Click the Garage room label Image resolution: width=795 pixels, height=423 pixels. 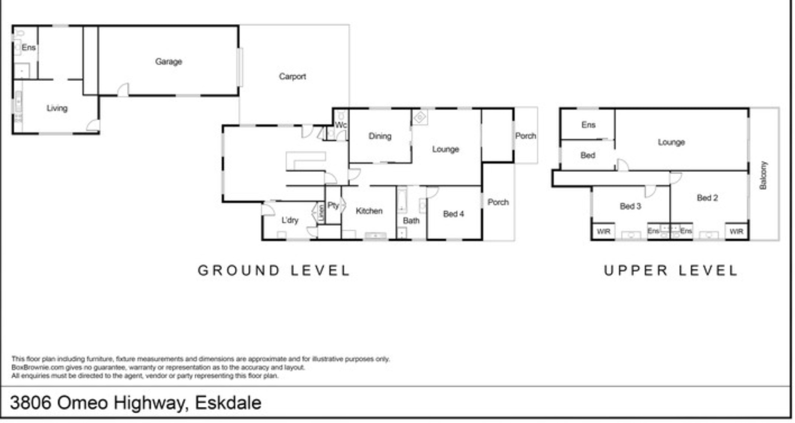[168, 62]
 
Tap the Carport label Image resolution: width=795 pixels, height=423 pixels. [293, 77]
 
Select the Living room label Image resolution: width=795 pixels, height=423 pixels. [57, 108]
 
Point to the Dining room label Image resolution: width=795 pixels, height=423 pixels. [380, 136]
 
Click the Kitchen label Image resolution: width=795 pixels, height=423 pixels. [369, 211]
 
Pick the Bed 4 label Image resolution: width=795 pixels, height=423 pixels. [453, 214]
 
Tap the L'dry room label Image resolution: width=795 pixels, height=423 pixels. [290, 220]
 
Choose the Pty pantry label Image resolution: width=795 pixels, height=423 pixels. [333, 206]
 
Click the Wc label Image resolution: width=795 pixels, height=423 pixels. [341, 125]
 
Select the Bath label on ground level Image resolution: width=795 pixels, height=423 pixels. [411, 221]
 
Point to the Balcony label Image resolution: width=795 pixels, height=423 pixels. [763, 175]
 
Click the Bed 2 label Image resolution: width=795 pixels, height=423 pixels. [707, 198]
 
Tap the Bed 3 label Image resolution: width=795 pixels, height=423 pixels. [630, 206]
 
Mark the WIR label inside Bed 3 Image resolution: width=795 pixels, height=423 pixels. [603, 231]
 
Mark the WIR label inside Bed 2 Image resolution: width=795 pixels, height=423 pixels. [736, 231]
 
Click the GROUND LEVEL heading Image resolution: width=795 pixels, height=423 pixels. [274, 270]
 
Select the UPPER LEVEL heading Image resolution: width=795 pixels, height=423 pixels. [671, 270]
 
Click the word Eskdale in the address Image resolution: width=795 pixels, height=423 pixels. [228, 403]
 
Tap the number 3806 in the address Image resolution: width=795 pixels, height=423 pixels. [30, 403]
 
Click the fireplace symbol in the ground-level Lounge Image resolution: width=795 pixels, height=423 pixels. [420, 117]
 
